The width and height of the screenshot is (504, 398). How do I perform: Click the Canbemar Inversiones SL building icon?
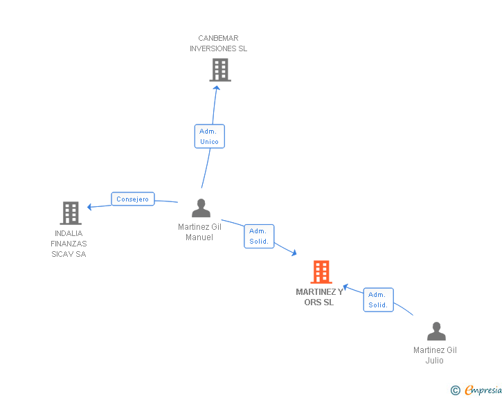(219, 70)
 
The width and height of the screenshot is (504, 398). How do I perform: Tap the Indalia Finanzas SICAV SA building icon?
(71, 213)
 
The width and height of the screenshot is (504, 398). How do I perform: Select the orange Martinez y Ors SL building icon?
(321, 272)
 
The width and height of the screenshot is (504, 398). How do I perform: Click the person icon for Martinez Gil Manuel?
(201, 208)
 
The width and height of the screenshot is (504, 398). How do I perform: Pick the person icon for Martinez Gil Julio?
(436, 332)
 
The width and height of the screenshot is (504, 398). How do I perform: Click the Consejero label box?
(132, 199)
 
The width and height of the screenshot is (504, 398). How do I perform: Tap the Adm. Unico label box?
(209, 136)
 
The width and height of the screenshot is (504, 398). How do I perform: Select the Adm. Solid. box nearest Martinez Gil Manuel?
(259, 236)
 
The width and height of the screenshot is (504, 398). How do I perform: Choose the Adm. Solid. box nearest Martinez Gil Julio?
(378, 300)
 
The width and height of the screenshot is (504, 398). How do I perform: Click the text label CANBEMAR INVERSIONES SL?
(218, 44)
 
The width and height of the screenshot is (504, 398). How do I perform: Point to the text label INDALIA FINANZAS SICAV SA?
(69, 244)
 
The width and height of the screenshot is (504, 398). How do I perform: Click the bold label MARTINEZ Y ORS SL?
(319, 297)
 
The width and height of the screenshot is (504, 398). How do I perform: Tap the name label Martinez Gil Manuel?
(199, 232)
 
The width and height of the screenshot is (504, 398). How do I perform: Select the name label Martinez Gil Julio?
(435, 355)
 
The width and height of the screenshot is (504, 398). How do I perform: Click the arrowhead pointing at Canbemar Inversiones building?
(217, 87)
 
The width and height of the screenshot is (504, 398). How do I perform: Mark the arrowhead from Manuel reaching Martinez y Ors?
(294, 253)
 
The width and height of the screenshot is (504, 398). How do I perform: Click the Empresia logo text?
(483, 390)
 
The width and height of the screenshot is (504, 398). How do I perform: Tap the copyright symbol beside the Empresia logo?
(455, 390)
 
